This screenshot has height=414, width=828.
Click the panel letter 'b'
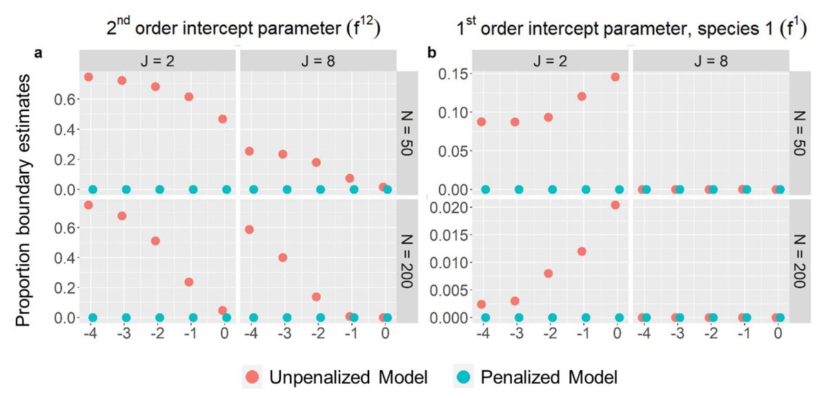coord(432,53)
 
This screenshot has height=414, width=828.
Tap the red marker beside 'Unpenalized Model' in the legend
coord(253,377)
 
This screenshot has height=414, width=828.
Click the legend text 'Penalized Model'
coord(549,377)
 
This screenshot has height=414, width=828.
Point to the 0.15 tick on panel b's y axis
coord(453,74)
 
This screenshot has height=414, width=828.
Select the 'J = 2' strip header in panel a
coord(158,60)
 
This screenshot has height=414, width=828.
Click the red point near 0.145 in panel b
coord(615,77)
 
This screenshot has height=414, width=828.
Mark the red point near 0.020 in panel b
coord(615,205)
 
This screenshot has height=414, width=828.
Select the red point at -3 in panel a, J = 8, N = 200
coord(282,257)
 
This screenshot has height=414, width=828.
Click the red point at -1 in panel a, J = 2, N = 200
coord(189,282)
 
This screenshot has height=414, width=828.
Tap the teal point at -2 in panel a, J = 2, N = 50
coord(160,189)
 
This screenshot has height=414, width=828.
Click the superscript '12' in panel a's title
coord(365,25)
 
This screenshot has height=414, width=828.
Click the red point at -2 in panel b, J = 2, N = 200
coord(548,273)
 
